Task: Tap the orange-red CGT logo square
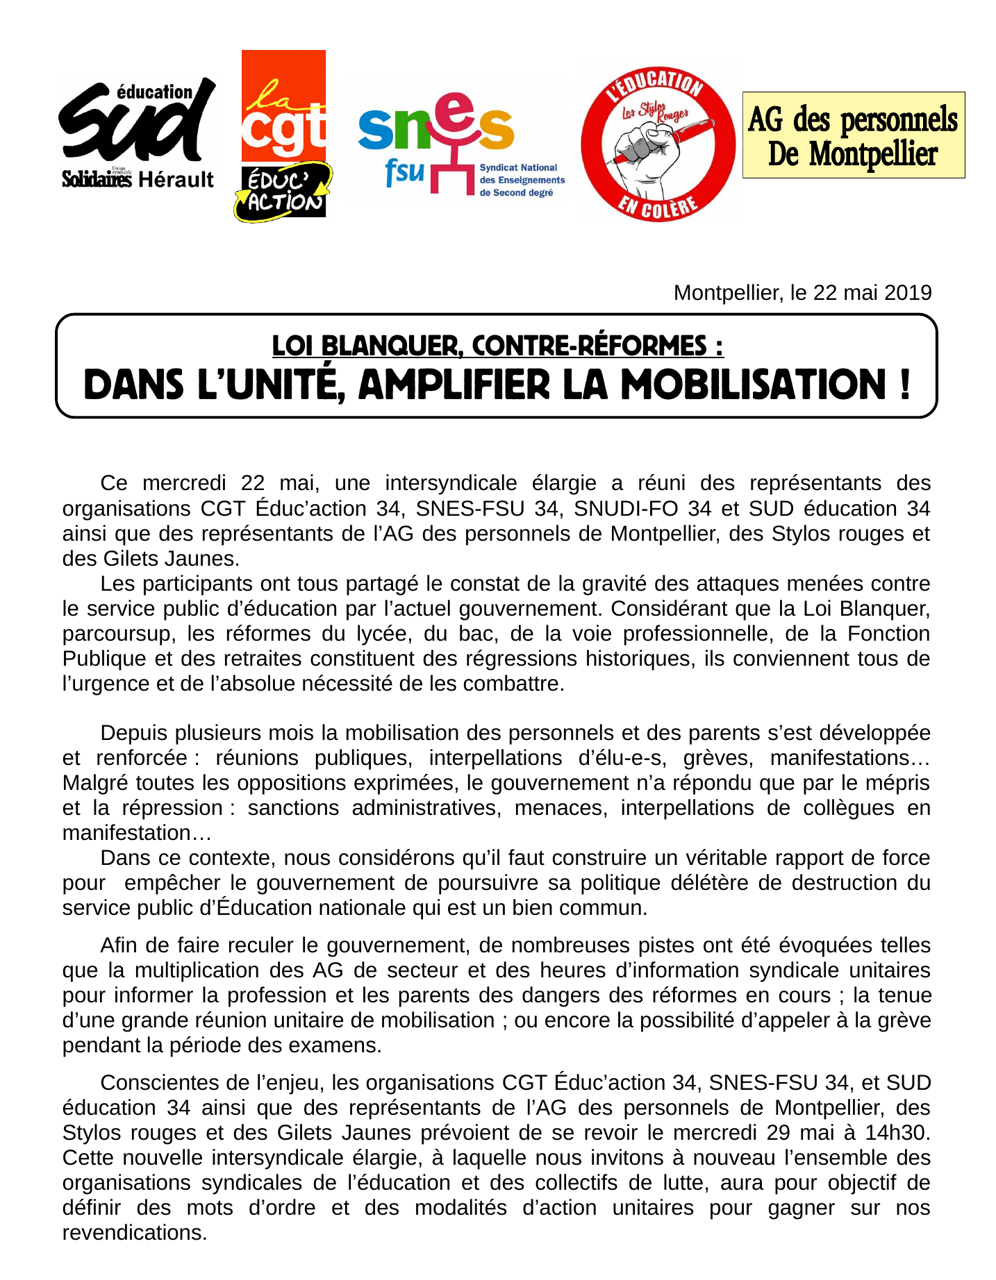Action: click(283, 106)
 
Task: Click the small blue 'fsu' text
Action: click(404, 170)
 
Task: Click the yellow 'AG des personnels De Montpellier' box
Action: click(853, 135)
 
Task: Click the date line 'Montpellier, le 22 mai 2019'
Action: click(802, 293)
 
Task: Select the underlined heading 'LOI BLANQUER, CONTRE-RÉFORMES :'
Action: click(497, 346)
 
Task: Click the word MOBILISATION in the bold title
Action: click(753, 385)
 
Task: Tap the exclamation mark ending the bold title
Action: click(904, 385)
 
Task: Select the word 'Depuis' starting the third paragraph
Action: click(133, 734)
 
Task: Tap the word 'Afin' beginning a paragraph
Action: click(120, 946)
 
